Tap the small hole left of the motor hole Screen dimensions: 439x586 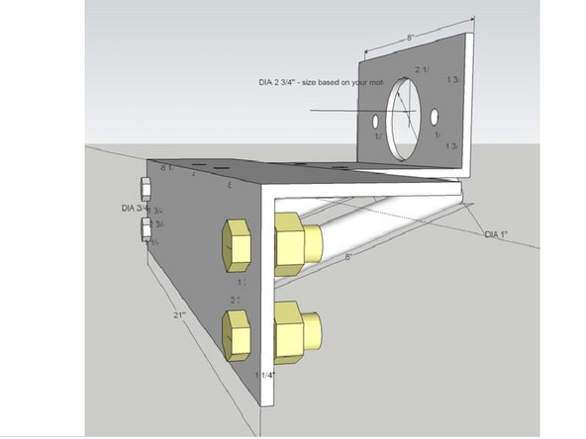(376, 124)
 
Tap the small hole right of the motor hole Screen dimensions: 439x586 (436, 119)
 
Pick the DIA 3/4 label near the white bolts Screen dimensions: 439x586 (134, 209)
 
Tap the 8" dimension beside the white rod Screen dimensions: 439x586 (349, 256)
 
